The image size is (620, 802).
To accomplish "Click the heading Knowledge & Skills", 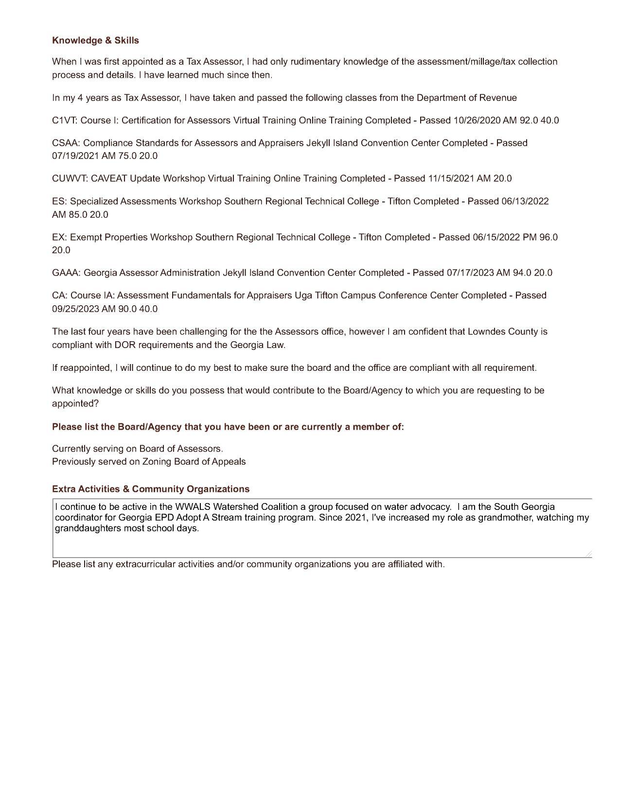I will pyautogui.click(x=95, y=40).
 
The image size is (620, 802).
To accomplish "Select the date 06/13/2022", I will pyautogui.click(x=525, y=201).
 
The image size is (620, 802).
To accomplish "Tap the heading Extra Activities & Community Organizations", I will pyautogui.click(x=151, y=489).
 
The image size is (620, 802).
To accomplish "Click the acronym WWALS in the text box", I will pyautogui.click(x=192, y=507).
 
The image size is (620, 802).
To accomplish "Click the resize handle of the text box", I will pyautogui.click(x=589, y=554).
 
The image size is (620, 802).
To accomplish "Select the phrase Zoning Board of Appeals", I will pyautogui.click(x=194, y=462).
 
